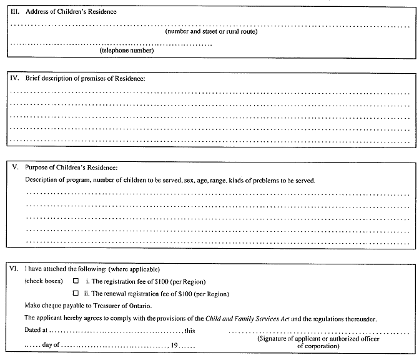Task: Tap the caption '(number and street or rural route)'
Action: (x=211, y=31)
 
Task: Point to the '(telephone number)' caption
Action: (x=127, y=51)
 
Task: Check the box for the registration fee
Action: (x=76, y=281)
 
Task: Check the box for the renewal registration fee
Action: (x=76, y=293)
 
